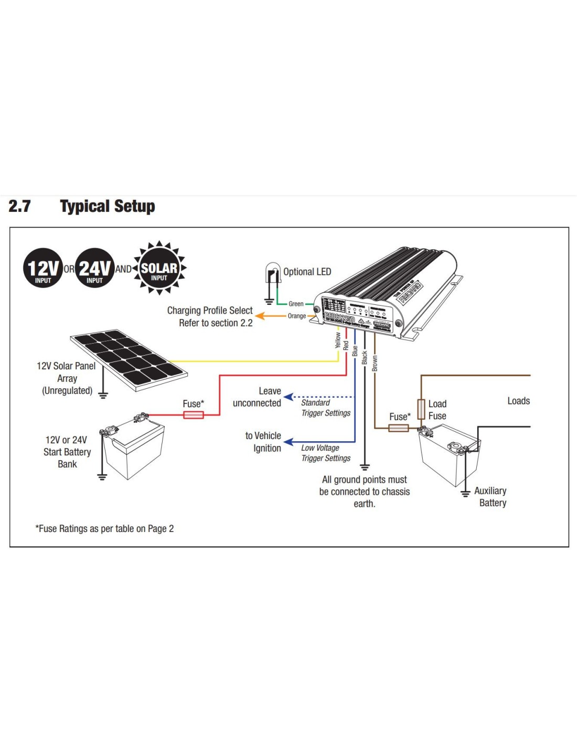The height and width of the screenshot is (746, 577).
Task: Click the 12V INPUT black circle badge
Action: click(43, 268)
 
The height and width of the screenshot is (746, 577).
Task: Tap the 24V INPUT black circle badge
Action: click(94, 268)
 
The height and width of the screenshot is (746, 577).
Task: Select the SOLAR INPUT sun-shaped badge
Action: click(159, 268)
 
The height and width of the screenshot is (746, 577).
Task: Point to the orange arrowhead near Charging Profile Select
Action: click(259, 316)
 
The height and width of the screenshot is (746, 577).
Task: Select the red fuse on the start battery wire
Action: click(194, 415)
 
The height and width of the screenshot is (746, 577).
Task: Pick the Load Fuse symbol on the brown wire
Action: click(421, 409)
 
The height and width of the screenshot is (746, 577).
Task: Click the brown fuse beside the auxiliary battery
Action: click(399, 428)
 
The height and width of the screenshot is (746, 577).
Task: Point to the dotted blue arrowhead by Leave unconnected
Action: click(288, 397)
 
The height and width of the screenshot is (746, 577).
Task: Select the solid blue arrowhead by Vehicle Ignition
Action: click(288, 442)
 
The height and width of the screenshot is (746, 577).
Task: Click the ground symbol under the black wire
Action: click(365, 466)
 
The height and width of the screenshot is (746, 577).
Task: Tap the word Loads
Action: click(518, 401)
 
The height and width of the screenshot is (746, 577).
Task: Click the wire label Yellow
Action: click(338, 340)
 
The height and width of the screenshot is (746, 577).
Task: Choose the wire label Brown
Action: click(375, 364)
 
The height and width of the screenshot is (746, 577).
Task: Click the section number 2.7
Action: click(20, 206)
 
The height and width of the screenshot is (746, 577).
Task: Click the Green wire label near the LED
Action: click(296, 304)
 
